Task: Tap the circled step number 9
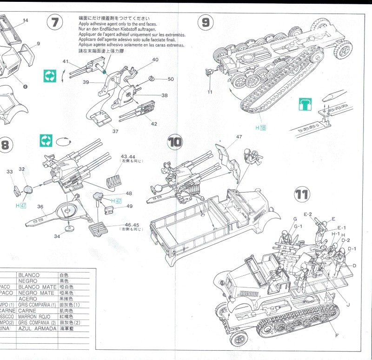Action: [206, 22]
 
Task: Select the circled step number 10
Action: [175, 141]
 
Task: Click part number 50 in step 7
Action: [171, 79]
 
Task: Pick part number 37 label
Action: [115, 132]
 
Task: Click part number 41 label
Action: [66, 61]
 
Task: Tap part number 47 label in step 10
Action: [239, 137]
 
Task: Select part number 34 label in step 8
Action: [57, 236]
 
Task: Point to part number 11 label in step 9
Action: [210, 92]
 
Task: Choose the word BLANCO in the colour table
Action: [29, 275]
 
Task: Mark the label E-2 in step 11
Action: [307, 214]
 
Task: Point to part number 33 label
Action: [10, 172]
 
